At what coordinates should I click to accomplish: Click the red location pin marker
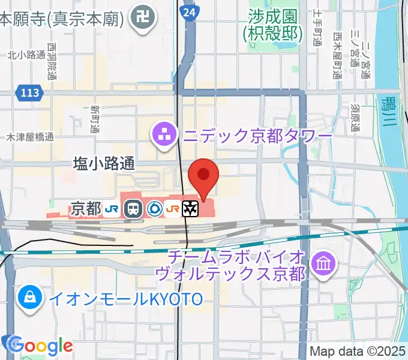(x=203, y=176)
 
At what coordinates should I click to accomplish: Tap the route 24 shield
(x=190, y=11)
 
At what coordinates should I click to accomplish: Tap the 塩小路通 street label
(x=104, y=163)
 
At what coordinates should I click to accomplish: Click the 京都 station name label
(x=86, y=209)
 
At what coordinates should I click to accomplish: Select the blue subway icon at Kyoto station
(x=154, y=209)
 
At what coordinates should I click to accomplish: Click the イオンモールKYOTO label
(x=126, y=298)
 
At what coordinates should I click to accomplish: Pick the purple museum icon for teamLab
(x=325, y=263)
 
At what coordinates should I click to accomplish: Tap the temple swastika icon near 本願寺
(x=145, y=19)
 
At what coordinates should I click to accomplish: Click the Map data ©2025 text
(x=357, y=351)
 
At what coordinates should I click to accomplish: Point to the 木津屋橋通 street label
(x=30, y=137)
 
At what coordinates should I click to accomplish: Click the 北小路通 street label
(x=26, y=55)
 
